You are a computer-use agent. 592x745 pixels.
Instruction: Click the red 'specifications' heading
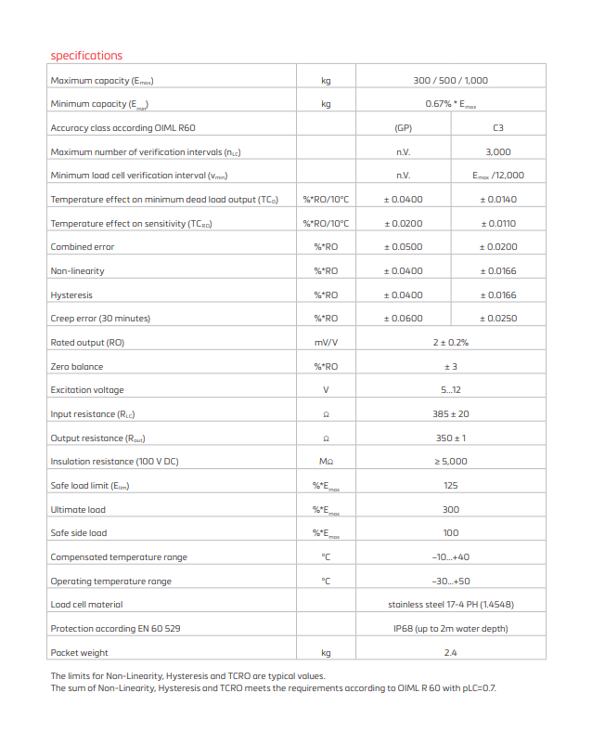86,56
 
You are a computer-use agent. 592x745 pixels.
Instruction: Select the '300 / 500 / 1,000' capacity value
450,81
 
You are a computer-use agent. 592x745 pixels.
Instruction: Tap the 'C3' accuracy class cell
497,128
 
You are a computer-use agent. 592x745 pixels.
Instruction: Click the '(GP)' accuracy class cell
403,128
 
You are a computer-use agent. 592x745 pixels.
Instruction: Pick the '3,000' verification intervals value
497,151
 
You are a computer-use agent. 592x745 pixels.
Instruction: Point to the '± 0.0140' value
497,200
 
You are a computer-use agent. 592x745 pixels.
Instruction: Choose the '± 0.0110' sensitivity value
497,224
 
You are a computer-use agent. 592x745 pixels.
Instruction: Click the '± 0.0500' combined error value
403,247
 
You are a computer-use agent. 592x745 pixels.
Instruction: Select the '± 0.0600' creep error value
403,319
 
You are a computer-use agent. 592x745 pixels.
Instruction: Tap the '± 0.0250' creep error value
497,319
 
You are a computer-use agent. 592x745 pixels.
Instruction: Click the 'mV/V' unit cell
326,343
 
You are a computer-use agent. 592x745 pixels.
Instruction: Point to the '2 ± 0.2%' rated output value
450,343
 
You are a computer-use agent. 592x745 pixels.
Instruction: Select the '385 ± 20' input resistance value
450,414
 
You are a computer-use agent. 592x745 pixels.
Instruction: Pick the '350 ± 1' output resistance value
450,438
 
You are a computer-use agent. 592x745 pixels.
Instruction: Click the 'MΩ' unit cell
326,462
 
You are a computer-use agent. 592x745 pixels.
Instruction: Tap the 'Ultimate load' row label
78,510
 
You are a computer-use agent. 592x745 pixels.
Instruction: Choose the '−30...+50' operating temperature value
450,582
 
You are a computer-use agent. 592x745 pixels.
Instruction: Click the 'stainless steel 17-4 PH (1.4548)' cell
450,605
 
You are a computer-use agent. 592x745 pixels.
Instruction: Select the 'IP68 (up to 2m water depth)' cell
450,629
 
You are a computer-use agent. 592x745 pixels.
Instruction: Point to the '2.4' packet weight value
450,653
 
